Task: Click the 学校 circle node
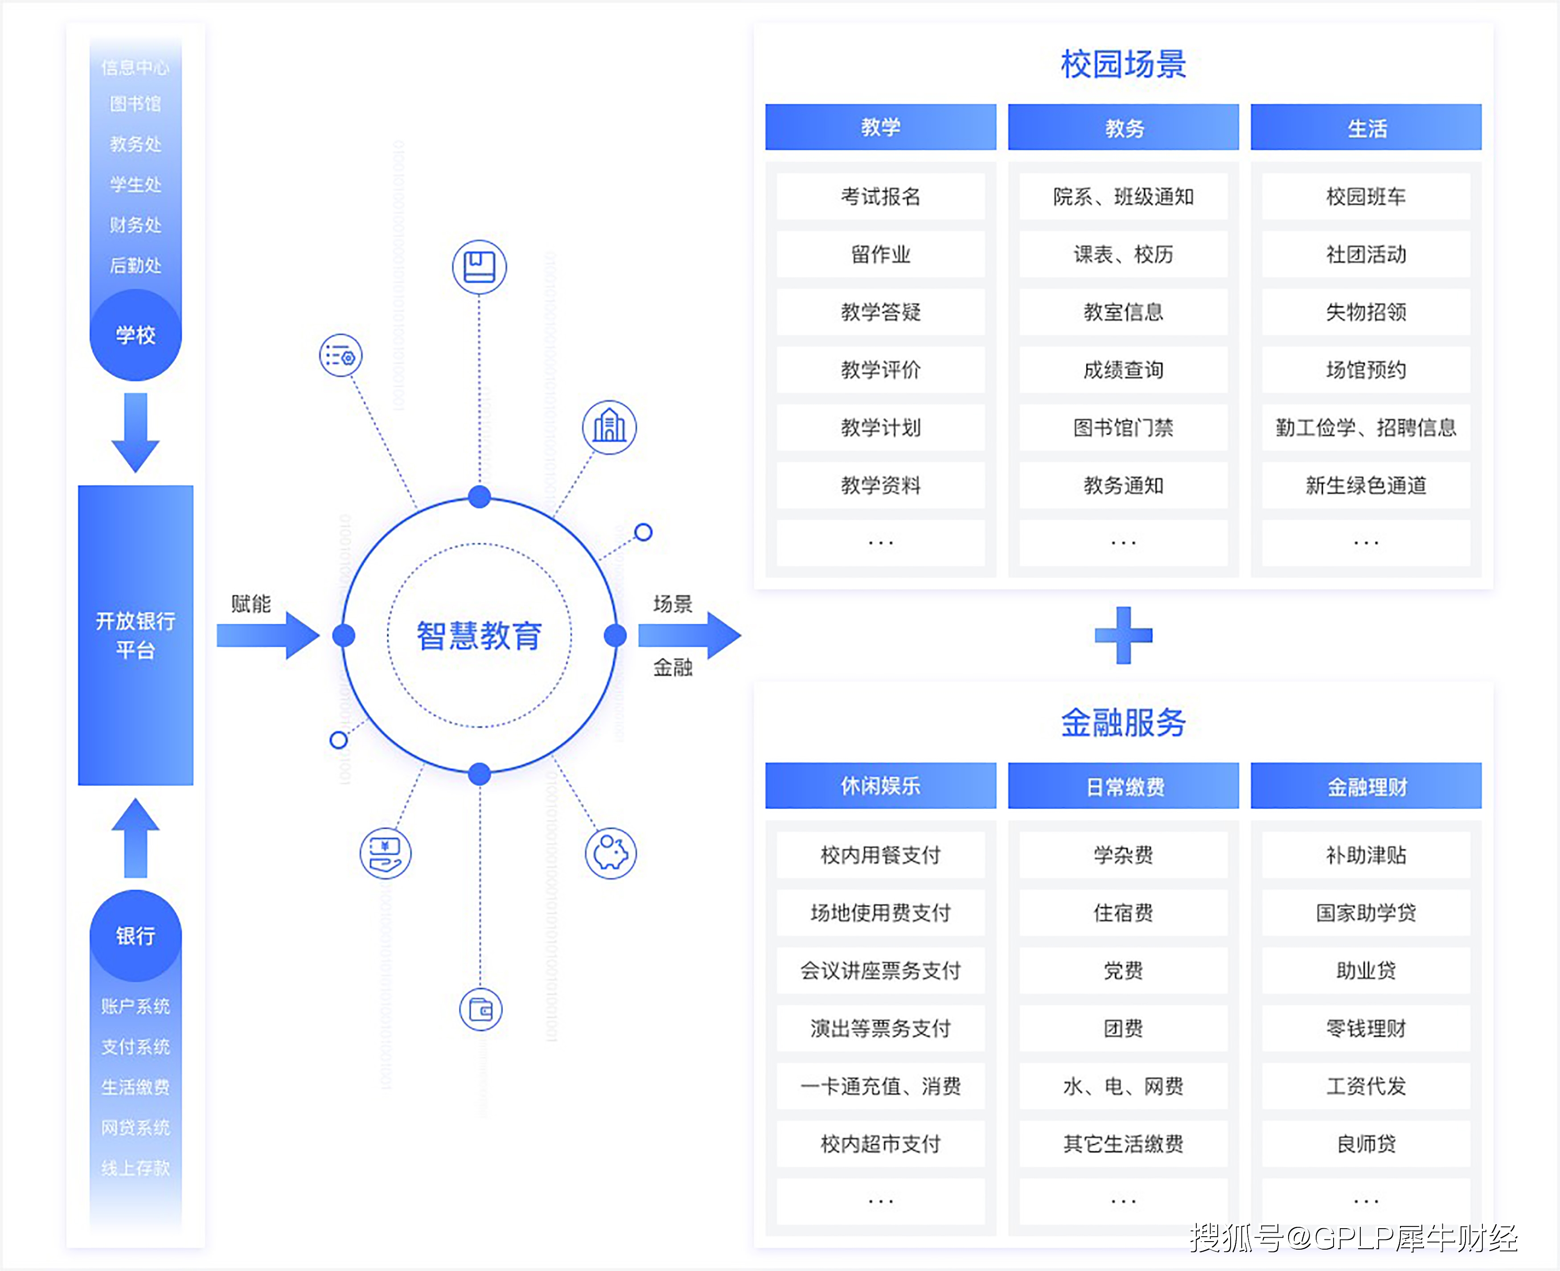[135, 335]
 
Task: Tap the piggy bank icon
[611, 853]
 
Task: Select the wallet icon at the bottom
[480, 1010]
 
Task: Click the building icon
[609, 427]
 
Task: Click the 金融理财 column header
[1366, 786]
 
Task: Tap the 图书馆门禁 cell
[1123, 427]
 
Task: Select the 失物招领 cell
[1366, 312]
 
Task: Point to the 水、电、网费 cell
[1123, 1086]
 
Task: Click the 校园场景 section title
[1123, 65]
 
